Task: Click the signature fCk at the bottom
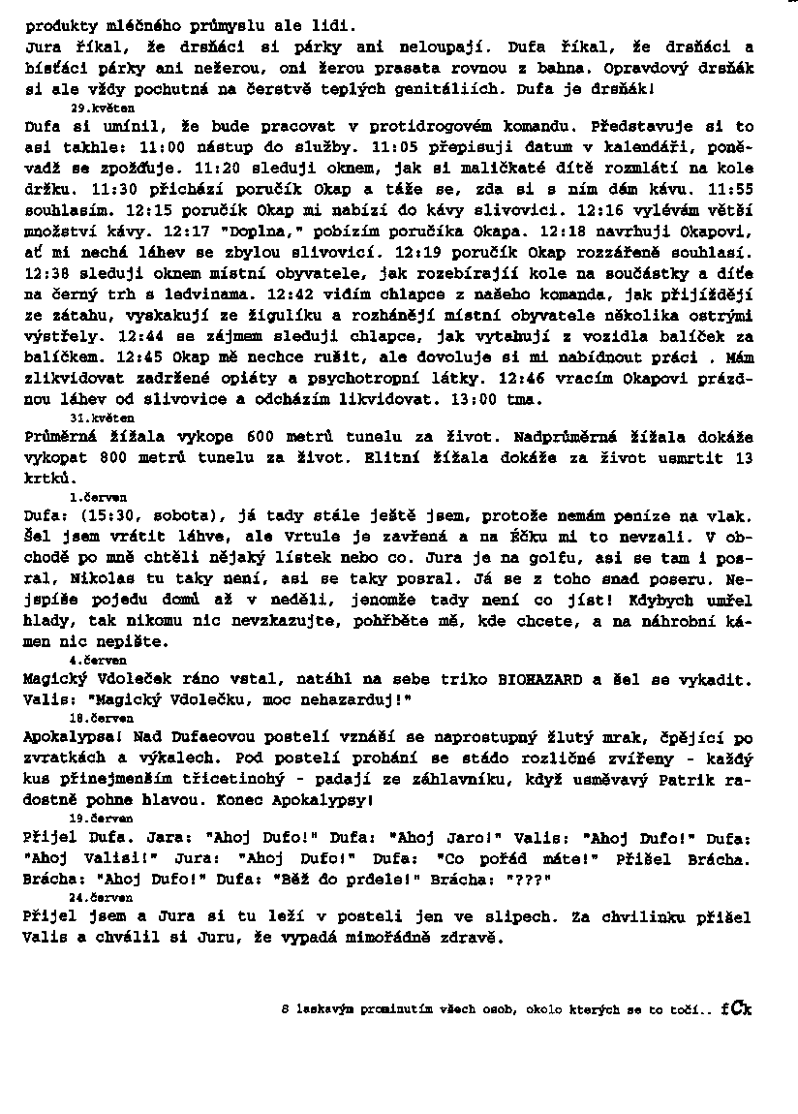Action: click(736, 1008)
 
